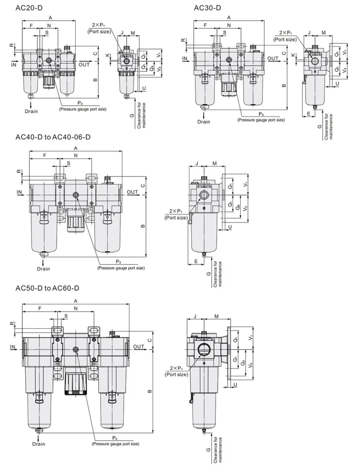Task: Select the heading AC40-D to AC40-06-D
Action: (x=53, y=137)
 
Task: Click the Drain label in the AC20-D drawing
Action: (x=31, y=111)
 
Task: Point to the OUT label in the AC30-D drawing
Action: (x=273, y=58)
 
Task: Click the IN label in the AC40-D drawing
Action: (x=19, y=191)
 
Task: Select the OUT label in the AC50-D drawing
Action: (x=138, y=346)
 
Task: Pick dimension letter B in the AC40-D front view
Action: (x=143, y=226)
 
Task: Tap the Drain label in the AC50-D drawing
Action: (x=39, y=443)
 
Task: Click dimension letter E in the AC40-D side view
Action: (x=196, y=261)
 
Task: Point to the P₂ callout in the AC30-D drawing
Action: (x=261, y=114)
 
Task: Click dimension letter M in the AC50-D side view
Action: (x=216, y=317)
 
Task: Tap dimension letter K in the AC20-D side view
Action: (x=107, y=55)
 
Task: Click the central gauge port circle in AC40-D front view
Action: (x=75, y=196)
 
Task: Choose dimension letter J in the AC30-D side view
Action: (x=310, y=33)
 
